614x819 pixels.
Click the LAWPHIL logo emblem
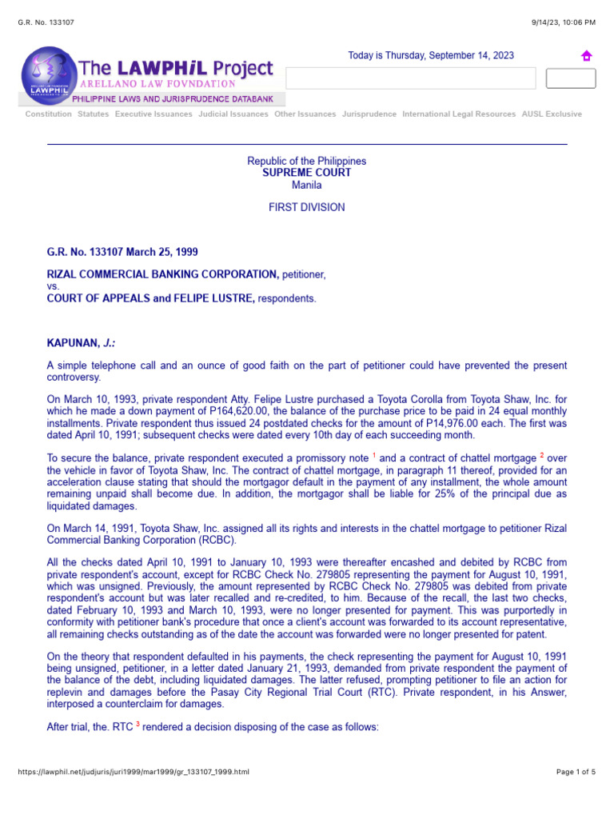tap(47, 75)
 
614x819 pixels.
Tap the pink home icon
tap(586, 56)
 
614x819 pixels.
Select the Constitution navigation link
tap(48, 114)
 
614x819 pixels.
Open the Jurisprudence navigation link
tap(369, 114)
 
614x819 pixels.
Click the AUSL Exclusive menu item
tap(552, 114)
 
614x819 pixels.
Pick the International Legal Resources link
tap(459, 114)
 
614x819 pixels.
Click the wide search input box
tap(410, 78)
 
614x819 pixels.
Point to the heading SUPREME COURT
tap(307, 173)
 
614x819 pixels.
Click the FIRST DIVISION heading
tap(307, 207)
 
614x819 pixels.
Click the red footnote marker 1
tap(373, 455)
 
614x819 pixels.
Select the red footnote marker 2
tap(542, 455)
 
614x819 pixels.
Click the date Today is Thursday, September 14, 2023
tap(431, 56)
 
